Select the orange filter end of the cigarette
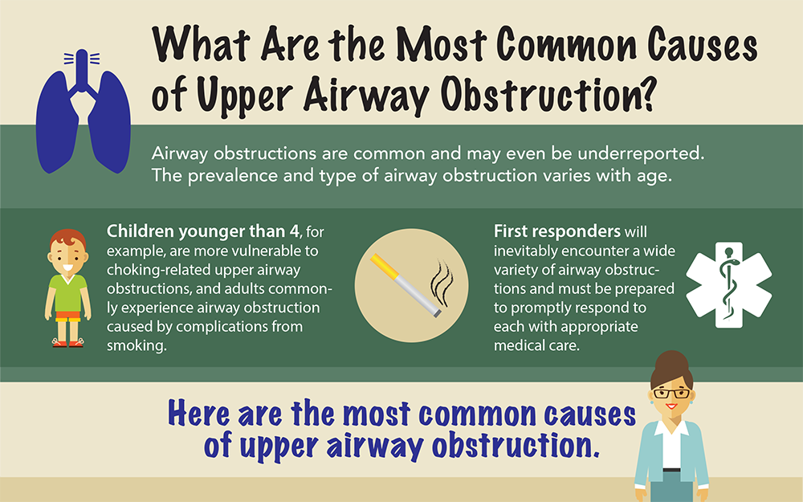coord(384,267)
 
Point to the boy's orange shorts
coord(67,315)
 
